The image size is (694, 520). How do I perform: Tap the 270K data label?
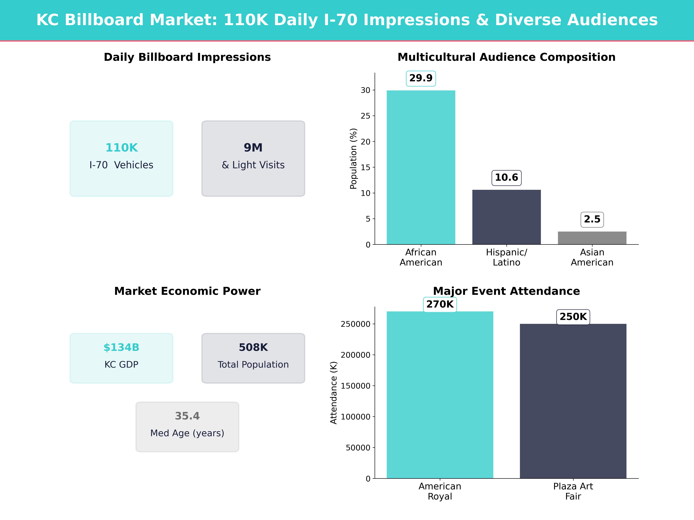(440, 304)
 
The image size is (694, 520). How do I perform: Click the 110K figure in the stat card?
(121, 148)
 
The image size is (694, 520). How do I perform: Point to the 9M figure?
(253, 148)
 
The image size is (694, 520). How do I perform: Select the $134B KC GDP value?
(121, 347)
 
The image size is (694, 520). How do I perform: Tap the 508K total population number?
(253, 347)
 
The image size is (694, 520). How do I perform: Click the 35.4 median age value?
(187, 416)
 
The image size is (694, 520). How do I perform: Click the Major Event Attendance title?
(506, 291)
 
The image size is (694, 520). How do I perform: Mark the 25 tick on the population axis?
(366, 116)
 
